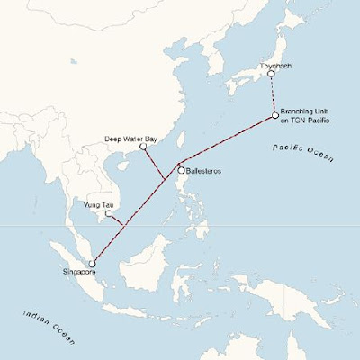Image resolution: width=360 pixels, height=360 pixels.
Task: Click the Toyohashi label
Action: [x=271, y=66]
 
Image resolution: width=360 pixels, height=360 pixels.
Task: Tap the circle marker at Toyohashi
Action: [x=271, y=74]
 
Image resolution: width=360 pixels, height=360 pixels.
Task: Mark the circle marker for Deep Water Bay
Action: [x=143, y=146]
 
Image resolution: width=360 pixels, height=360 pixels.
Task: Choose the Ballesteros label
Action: [x=203, y=171]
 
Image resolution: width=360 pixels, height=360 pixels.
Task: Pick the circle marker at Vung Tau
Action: [x=109, y=214]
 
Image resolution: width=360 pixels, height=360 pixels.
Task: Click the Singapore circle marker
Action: [x=92, y=263]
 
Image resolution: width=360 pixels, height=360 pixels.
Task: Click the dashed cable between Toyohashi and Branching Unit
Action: [x=273, y=94]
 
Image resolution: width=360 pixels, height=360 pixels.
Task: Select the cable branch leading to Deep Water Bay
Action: [x=154, y=162]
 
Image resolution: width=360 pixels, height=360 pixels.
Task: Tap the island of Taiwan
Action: [x=176, y=142]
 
